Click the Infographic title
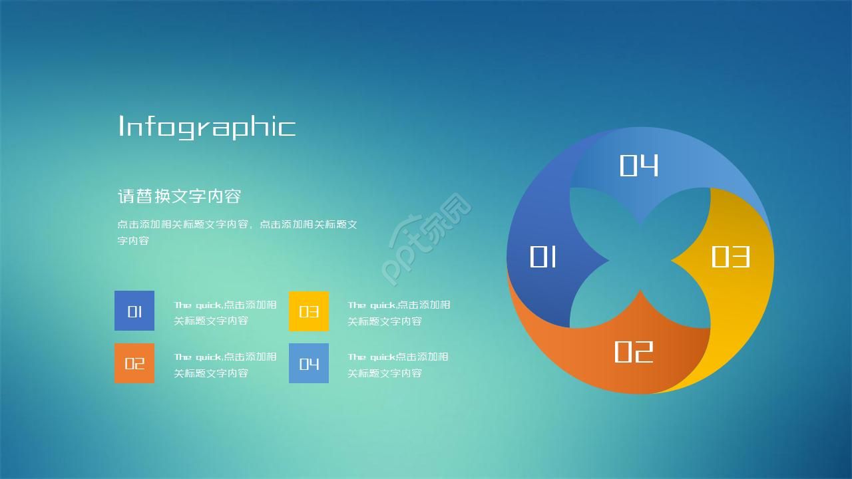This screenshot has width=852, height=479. (x=206, y=126)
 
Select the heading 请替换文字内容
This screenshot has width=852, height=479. (x=179, y=196)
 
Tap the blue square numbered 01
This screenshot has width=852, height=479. (x=134, y=311)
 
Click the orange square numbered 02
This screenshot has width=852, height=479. (x=134, y=363)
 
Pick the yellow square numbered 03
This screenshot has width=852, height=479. (x=309, y=311)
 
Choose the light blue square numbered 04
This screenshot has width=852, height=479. (x=309, y=363)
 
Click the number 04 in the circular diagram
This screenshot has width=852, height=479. (x=639, y=166)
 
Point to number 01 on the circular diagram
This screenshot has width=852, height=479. (x=543, y=257)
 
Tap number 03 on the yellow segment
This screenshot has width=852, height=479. (x=730, y=257)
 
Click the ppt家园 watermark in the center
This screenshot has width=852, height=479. (x=426, y=239)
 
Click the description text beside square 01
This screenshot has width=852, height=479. (x=225, y=313)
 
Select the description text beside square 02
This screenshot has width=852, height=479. (x=225, y=365)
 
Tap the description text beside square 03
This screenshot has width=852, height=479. (x=399, y=313)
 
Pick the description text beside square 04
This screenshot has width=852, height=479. (x=398, y=365)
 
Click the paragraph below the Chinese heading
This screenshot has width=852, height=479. (x=237, y=232)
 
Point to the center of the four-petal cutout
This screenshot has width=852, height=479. (x=640, y=258)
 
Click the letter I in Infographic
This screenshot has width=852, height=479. (x=121, y=126)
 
